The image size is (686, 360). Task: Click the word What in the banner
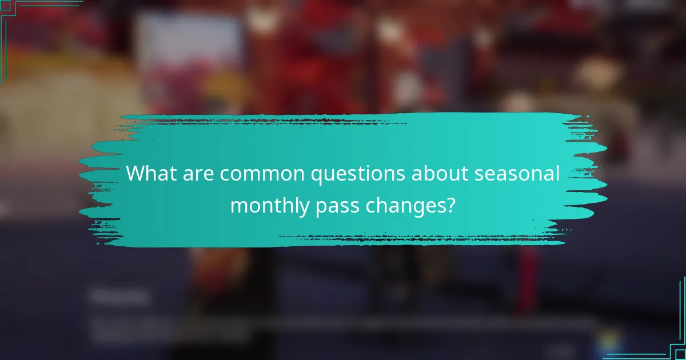tap(150, 173)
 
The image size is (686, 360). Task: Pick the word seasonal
tap(517, 173)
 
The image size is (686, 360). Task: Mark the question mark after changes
tap(451, 204)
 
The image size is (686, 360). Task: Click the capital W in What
tap(135, 173)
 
